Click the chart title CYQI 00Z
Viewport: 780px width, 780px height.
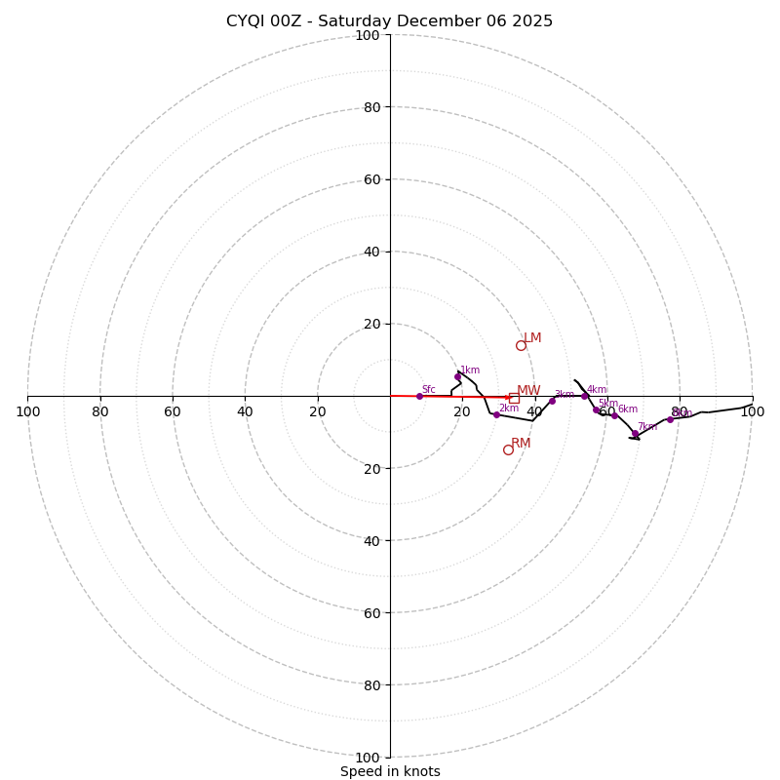click(389, 21)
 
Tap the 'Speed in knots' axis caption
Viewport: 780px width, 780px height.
click(390, 771)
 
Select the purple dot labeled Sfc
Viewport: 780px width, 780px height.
click(419, 396)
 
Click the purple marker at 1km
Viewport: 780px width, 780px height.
click(457, 376)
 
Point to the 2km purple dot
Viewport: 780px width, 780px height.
click(496, 414)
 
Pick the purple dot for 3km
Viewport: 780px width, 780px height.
click(552, 401)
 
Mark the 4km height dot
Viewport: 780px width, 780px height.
click(584, 396)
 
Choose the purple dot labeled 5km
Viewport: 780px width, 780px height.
click(596, 410)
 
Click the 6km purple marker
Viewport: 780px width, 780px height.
click(614, 415)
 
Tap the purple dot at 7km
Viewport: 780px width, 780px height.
click(635, 433)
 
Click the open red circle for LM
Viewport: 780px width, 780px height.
click(521, 345)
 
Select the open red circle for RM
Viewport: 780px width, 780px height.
click(508, 449)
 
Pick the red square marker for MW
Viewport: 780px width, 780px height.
click(514, 398)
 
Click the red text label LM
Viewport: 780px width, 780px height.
click(532, 338)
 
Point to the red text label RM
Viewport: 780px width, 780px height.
click(521, 444)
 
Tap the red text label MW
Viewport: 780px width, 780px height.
click(528, 391)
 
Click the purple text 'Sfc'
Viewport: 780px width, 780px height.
click(429, 390)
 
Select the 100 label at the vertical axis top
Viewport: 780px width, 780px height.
click(368, 35)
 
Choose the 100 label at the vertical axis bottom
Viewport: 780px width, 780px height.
click(368, 758)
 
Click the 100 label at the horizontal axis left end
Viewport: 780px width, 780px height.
click(27, 411)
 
